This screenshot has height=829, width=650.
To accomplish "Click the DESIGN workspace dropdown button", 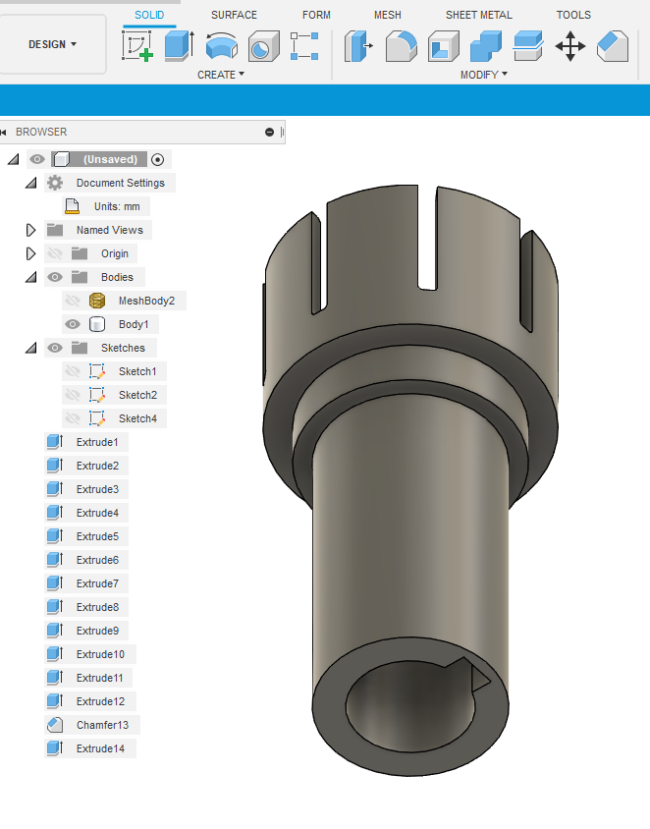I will pyautogui.click(x=53, y=44).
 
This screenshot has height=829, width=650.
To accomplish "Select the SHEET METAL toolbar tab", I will pyautogui.click(x=478, y=15).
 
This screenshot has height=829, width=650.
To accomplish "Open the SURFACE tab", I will pyautogui.click(x=234, y=15).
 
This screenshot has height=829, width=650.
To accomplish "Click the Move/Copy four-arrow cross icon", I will pyautogui.click(x=570, y=46).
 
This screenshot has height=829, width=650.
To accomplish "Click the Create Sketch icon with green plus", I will pyautogui.click(x=137, y=46).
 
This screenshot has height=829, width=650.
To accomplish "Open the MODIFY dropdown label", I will pyautogui.click(x=483, y=75).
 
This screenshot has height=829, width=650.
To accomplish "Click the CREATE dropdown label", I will pyautogui.click(x=220, y=75).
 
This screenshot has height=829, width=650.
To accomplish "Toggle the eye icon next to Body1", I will pyautogui.click(x=72, y=324).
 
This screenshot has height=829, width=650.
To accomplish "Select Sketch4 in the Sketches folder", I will pyautogui.click(x=136, y=418).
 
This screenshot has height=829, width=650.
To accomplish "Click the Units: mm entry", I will pyautogui.click(x=116, y=206).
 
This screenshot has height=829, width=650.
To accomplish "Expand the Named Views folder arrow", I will pyautogui.click(x=30, y=230).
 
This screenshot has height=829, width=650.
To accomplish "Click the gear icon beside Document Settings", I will pyautogui.click(x=55, y=183).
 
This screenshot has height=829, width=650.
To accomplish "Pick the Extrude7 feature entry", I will pyautogui.click(x=96, y=583).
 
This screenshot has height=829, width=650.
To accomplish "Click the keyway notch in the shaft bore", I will pyautogui.click(x=479, y=677).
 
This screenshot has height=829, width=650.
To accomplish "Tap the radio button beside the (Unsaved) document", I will pyautogui.click(x=157, y=159).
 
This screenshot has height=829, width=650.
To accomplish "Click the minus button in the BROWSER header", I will pyautogui.click(x=269, y=132).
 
